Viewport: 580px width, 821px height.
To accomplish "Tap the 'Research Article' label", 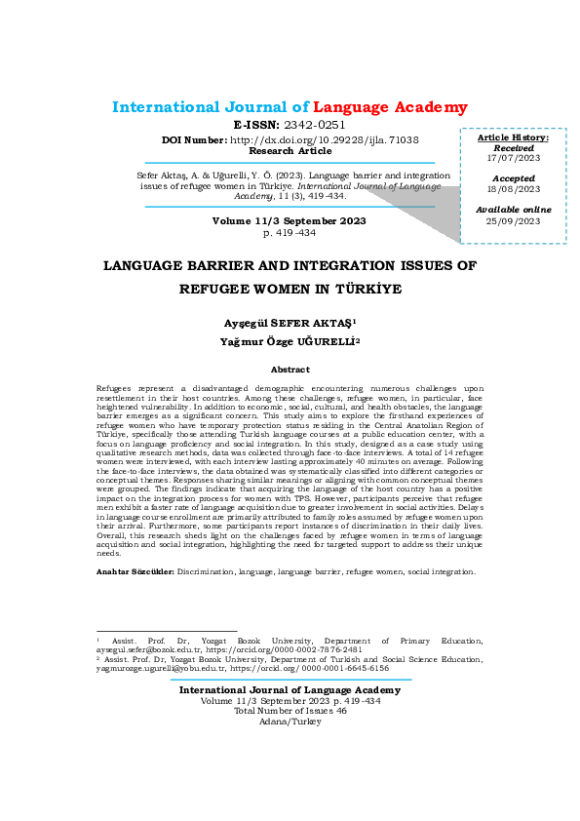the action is [290, 151].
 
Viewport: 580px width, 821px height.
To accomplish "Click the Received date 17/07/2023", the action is [513, 158].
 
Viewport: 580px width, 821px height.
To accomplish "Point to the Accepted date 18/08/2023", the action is [513, 189].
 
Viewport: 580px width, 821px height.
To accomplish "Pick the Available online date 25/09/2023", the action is [513, 221].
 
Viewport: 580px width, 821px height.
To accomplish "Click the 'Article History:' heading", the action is [513, 137].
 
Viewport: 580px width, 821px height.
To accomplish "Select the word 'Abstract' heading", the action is [290, 370].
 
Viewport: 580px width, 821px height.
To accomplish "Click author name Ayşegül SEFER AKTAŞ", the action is [290, 322].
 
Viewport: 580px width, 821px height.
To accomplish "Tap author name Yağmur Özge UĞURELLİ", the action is [290, 340].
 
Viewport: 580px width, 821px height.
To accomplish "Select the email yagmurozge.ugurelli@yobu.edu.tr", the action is [160, 669].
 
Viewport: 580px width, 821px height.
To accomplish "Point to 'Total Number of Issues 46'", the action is [290, 711].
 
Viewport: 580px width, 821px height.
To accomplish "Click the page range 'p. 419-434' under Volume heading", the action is [290, 234].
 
